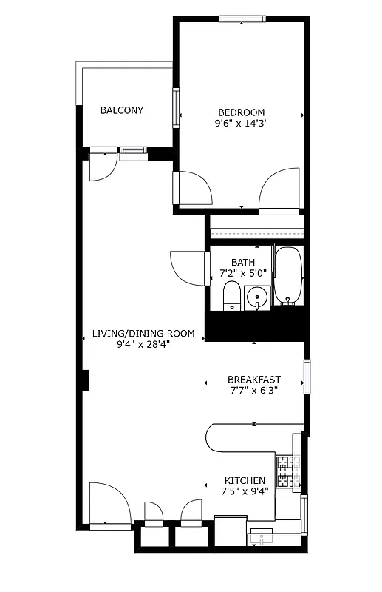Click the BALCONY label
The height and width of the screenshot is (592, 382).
[x=122, y=110]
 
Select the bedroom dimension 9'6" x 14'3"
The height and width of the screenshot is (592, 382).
[x=241, y=124]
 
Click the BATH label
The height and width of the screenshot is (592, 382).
[x=242, y=262]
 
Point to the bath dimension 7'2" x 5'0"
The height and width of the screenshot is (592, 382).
[x=242, y=273]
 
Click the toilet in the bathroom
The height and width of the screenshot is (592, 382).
[x=231, y=297]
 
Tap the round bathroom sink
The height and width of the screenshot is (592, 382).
[x=257, y=299]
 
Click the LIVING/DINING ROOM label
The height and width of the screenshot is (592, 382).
[x=143, y=334]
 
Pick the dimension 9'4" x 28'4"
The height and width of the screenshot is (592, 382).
[x=143, y=345]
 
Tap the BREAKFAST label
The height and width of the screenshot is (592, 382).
[x=253, y=380]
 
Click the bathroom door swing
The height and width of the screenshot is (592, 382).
[x=188, y=266]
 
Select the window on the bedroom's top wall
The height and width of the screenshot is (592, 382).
[x=242, y=19]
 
